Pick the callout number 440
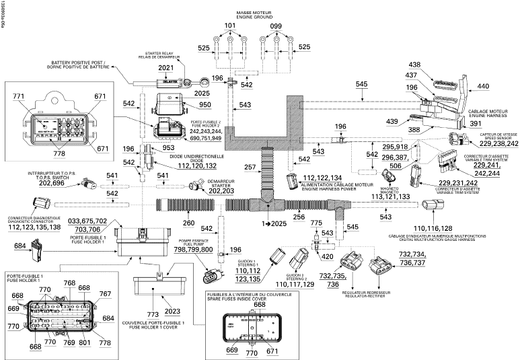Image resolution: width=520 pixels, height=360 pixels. pos(483,86)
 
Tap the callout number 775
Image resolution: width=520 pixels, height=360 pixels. pos(316,222)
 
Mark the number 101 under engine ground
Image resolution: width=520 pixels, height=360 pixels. pos(230,26)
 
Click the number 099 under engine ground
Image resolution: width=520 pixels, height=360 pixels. pos(276,26)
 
